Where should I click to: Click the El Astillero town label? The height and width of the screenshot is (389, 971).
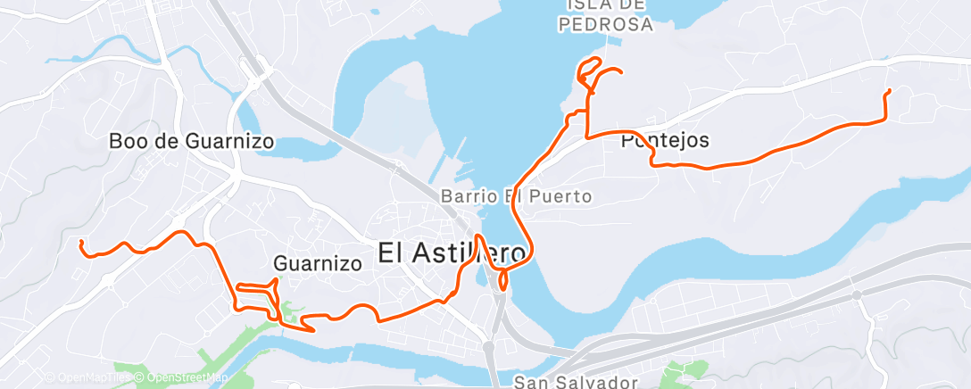pos(452,252)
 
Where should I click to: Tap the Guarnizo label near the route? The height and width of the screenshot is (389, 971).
pos(318,263)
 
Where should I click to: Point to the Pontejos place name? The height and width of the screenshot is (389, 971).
pos(665,140)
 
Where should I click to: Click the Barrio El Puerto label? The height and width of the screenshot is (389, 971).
pos(516,195)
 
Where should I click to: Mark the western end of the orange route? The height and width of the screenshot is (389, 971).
pos(81,242)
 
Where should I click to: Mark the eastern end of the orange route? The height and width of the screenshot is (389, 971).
pos(889,91)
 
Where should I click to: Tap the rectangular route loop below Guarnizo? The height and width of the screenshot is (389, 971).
pos(256,296)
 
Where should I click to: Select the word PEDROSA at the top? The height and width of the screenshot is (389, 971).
pos(607,25)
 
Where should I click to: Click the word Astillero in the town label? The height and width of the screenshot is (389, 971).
pos(473,252)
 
